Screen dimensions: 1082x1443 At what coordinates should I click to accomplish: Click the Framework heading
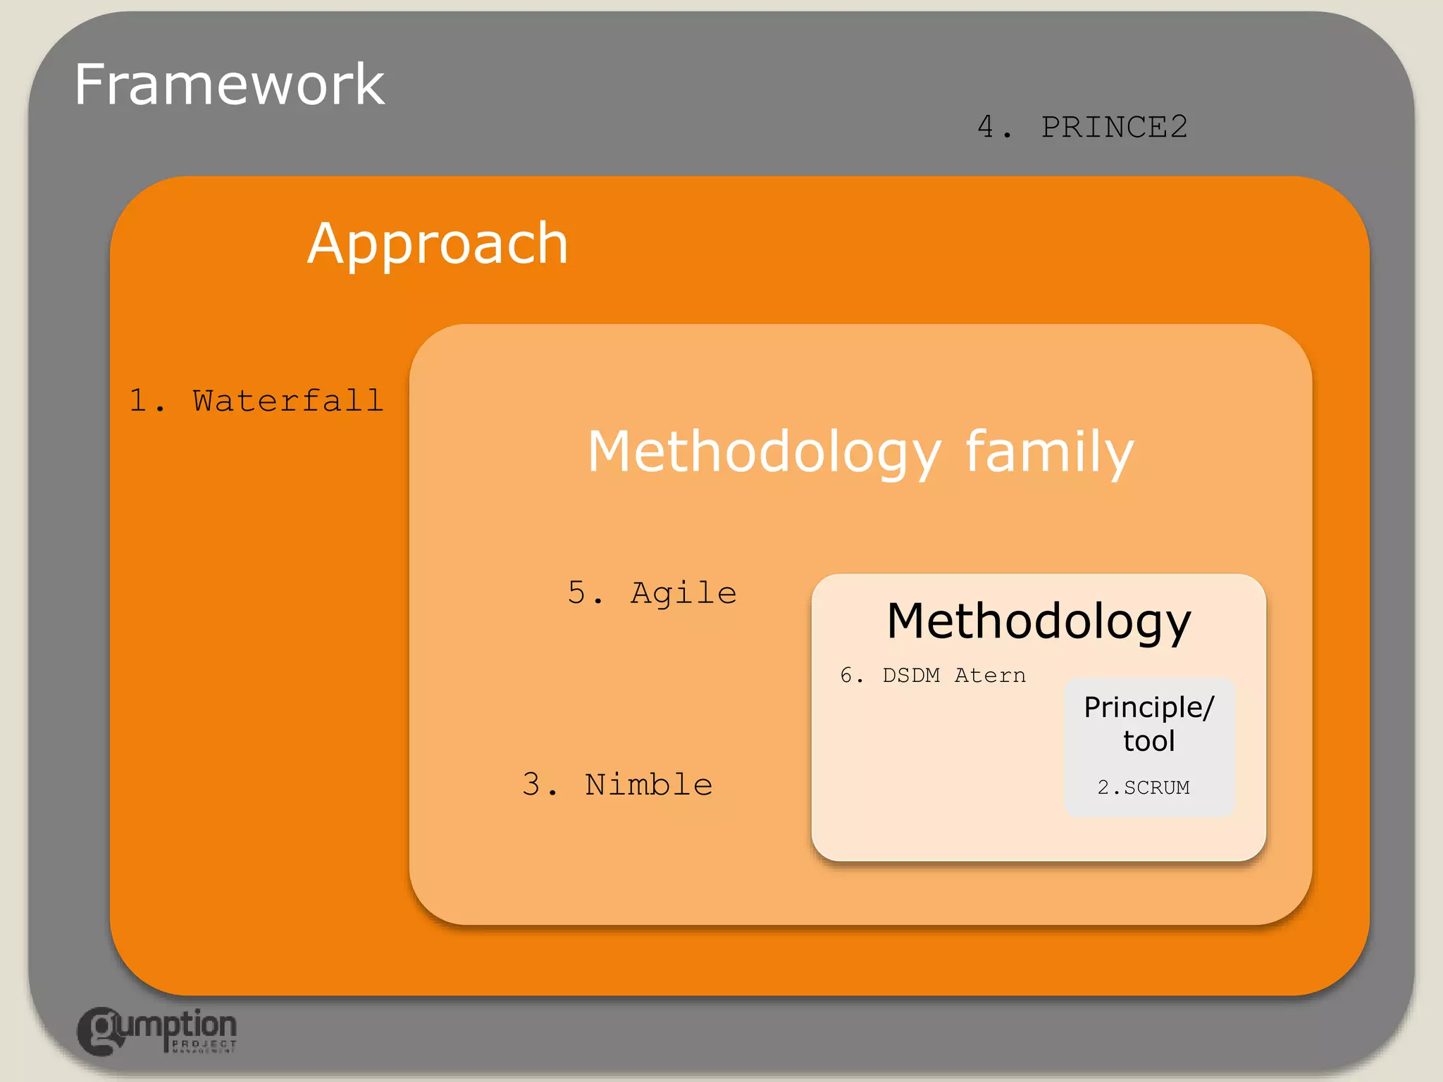[229, 85]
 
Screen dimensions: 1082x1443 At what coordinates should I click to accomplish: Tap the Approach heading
[438, 244]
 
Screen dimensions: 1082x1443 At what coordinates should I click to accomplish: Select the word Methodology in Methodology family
[764, 452]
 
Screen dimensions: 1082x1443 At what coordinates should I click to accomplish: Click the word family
[1049, 452]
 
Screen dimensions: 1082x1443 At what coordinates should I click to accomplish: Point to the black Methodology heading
[1039, 621]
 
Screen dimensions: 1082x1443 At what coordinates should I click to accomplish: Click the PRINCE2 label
[1114, 128]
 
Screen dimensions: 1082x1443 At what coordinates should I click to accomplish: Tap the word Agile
[683, 593]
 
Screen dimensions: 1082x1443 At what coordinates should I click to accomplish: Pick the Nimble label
[648, 785]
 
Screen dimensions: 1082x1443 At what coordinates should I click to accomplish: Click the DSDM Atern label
[953, 676]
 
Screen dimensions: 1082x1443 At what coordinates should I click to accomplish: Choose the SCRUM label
[1156, 788]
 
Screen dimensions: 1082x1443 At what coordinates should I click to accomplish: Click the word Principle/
[1148, 707]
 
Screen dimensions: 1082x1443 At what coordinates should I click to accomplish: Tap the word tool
[1148, 741]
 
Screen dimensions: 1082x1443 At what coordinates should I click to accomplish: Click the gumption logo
[156, 1031]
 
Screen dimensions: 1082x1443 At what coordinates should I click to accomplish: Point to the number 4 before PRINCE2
[986, 128]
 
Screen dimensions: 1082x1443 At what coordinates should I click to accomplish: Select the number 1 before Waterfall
[138, 401]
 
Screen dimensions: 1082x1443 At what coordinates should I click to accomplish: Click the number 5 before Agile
[576, 593]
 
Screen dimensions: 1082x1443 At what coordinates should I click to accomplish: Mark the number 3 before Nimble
[531, 785]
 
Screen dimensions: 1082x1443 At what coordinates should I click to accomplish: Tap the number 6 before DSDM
[847, 676]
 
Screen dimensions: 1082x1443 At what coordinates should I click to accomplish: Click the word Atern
[990, 676]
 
